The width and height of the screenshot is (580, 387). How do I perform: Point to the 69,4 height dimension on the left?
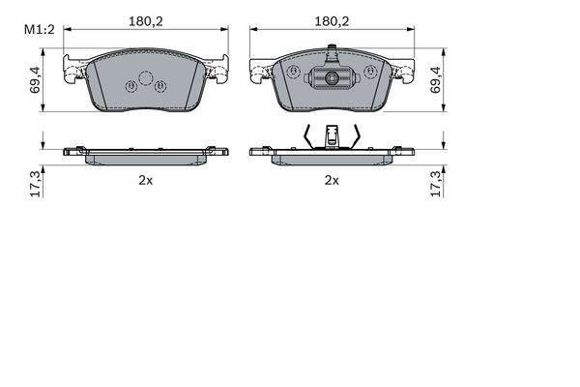click(36, 78)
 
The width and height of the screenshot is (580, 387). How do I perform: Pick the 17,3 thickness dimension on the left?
click(36, 181)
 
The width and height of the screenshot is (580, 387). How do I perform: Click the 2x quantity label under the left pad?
click(146, 180)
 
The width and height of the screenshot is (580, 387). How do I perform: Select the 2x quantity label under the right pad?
click(332, 180)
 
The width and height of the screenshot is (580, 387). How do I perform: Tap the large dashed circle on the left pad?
click(146, 79)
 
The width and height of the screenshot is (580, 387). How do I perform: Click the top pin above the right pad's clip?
click(332, 52)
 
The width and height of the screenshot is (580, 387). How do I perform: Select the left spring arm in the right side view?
click(308, 137)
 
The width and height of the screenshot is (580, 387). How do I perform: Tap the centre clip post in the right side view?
click(332, 136)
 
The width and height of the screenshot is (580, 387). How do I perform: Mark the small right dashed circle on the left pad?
click(160, 87)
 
